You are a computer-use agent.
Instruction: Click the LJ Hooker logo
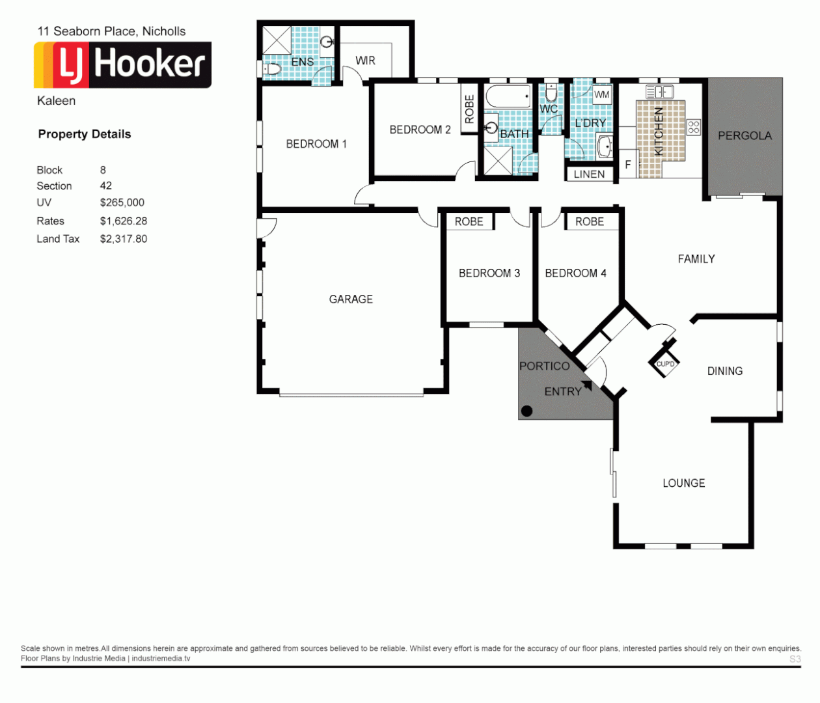pyautogui.click(x=122, y=65)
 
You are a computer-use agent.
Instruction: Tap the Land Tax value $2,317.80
pyautogui.click(x=124, y=239)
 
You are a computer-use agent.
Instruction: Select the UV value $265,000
pyautogui.click(x=122, y=202)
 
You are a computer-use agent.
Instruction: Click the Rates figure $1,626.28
pyautogui.click(x=124, y=221)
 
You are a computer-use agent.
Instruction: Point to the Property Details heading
pyautogui.click(x=85, y=134)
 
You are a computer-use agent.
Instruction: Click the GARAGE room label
pyautogui.click(x=351, y=299)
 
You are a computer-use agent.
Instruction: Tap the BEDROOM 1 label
pyautogui.click(x=316, y=144)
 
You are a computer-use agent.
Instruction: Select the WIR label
pyautogui.click(x=365, y=61)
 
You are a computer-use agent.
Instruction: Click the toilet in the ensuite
pyautogui.click(x=271, y=68)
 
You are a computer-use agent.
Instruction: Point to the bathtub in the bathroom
pyautogui.click(x=508, y=98)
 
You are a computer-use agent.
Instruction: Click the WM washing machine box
pyautogui.click(x=602, y=94)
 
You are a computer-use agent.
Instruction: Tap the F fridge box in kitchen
pyautogui.click(x=628, y=165)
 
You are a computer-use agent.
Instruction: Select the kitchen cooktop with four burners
pyautogui.click(x=694, y=127)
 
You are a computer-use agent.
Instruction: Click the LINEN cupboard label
pyautogui.click(x=589, y=174)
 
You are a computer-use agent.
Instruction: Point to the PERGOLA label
pyautogui.click(x=745, y=136)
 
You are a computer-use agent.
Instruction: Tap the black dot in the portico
pyautogui.click(x=527, y=411)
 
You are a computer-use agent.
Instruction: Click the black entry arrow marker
pyautogui.click(x=588, y=385)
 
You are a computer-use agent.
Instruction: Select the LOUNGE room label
pyautogui.click(x=683, y=483)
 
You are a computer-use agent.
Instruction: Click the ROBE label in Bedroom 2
pyautogui.click(x=469, y=109)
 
